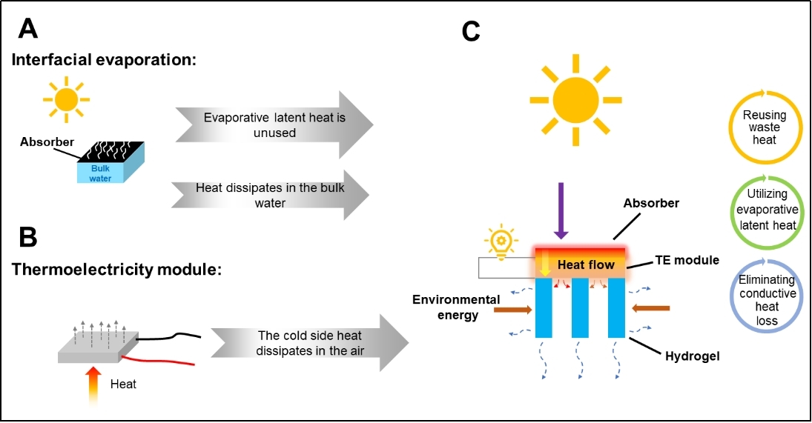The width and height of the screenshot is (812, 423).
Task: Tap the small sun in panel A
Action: (x=65, y=99)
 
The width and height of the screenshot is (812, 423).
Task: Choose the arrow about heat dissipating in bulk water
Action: (x=271, y=196)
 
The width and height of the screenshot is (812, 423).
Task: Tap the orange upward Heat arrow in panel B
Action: (x=95, y=384)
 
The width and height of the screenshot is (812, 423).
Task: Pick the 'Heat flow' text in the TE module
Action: (x=586, y=264)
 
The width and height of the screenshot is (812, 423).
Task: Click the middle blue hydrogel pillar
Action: (x=581, y=308)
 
